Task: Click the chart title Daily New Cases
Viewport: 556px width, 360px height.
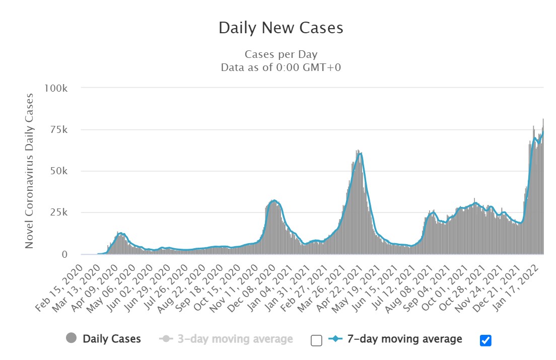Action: coord(281,28)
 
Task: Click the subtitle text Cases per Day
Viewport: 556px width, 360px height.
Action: coord(281,54)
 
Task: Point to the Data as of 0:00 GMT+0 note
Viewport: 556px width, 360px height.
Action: coord(281,67)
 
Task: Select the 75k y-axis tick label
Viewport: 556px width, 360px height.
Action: coord(58,130)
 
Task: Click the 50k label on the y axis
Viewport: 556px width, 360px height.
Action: coord(58,171)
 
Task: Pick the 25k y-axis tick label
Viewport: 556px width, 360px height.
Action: coord(58,213)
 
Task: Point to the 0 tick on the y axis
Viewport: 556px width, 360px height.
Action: coord(64,255)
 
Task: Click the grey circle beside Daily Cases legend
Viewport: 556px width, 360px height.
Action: coord(72,339)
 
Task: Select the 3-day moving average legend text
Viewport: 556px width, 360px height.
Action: coord(235,339)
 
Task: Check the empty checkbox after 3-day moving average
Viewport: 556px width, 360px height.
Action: coord(316,341)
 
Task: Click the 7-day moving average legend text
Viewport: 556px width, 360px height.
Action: coord(404,339)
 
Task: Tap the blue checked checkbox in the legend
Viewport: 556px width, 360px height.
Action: coord(485,341)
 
